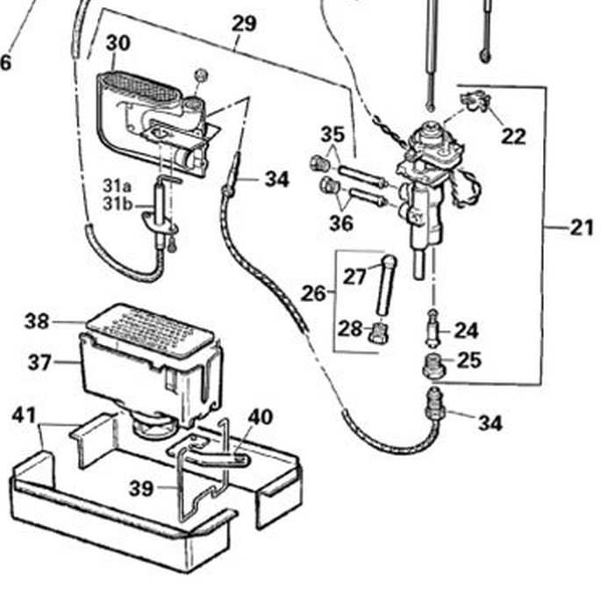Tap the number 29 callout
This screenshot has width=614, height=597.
click(x=244, y=24)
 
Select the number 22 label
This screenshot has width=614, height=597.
click(x=513, y=135)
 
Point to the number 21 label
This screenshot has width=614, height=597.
click(x=582, y=227)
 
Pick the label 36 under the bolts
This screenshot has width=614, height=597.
click(x=340, y=223)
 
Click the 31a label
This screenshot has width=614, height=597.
click(x=116, y=186)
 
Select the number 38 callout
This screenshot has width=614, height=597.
click(x=37, y=321)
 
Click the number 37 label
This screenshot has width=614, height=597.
click(x=39, y=361)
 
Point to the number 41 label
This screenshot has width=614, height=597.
click(x=24, y=415)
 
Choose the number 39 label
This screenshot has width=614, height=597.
click(x=141, y=489)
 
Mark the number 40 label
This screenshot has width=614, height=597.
click(x=260, y=416)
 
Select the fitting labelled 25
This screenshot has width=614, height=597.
click(x=433, y=364)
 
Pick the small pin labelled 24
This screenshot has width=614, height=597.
click(x=432, y=329)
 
